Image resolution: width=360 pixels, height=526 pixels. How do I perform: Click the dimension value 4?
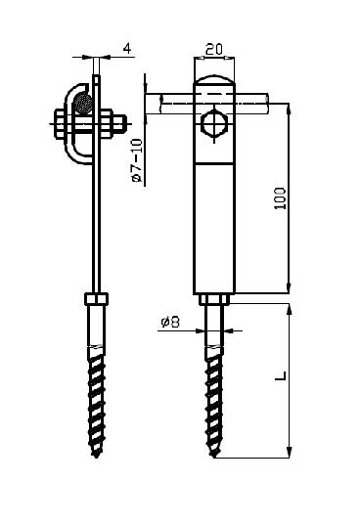tap(127, 48)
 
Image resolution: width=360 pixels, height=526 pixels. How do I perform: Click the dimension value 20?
tap(213, 49)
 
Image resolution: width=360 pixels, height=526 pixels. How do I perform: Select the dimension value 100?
tap(280, 198)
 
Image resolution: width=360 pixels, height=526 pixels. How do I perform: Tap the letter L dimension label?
tap(281, 375)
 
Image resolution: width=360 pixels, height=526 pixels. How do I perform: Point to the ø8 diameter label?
tap(170, 322)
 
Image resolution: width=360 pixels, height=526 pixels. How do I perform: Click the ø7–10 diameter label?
tap(137, 160)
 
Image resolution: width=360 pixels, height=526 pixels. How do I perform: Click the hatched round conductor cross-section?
tap(83, 103)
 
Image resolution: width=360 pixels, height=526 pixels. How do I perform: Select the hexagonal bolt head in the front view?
tap(215, 124)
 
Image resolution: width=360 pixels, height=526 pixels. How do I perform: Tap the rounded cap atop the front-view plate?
tap(214, 79)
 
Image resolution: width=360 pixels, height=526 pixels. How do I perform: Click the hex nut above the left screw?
tap(96, 298)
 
